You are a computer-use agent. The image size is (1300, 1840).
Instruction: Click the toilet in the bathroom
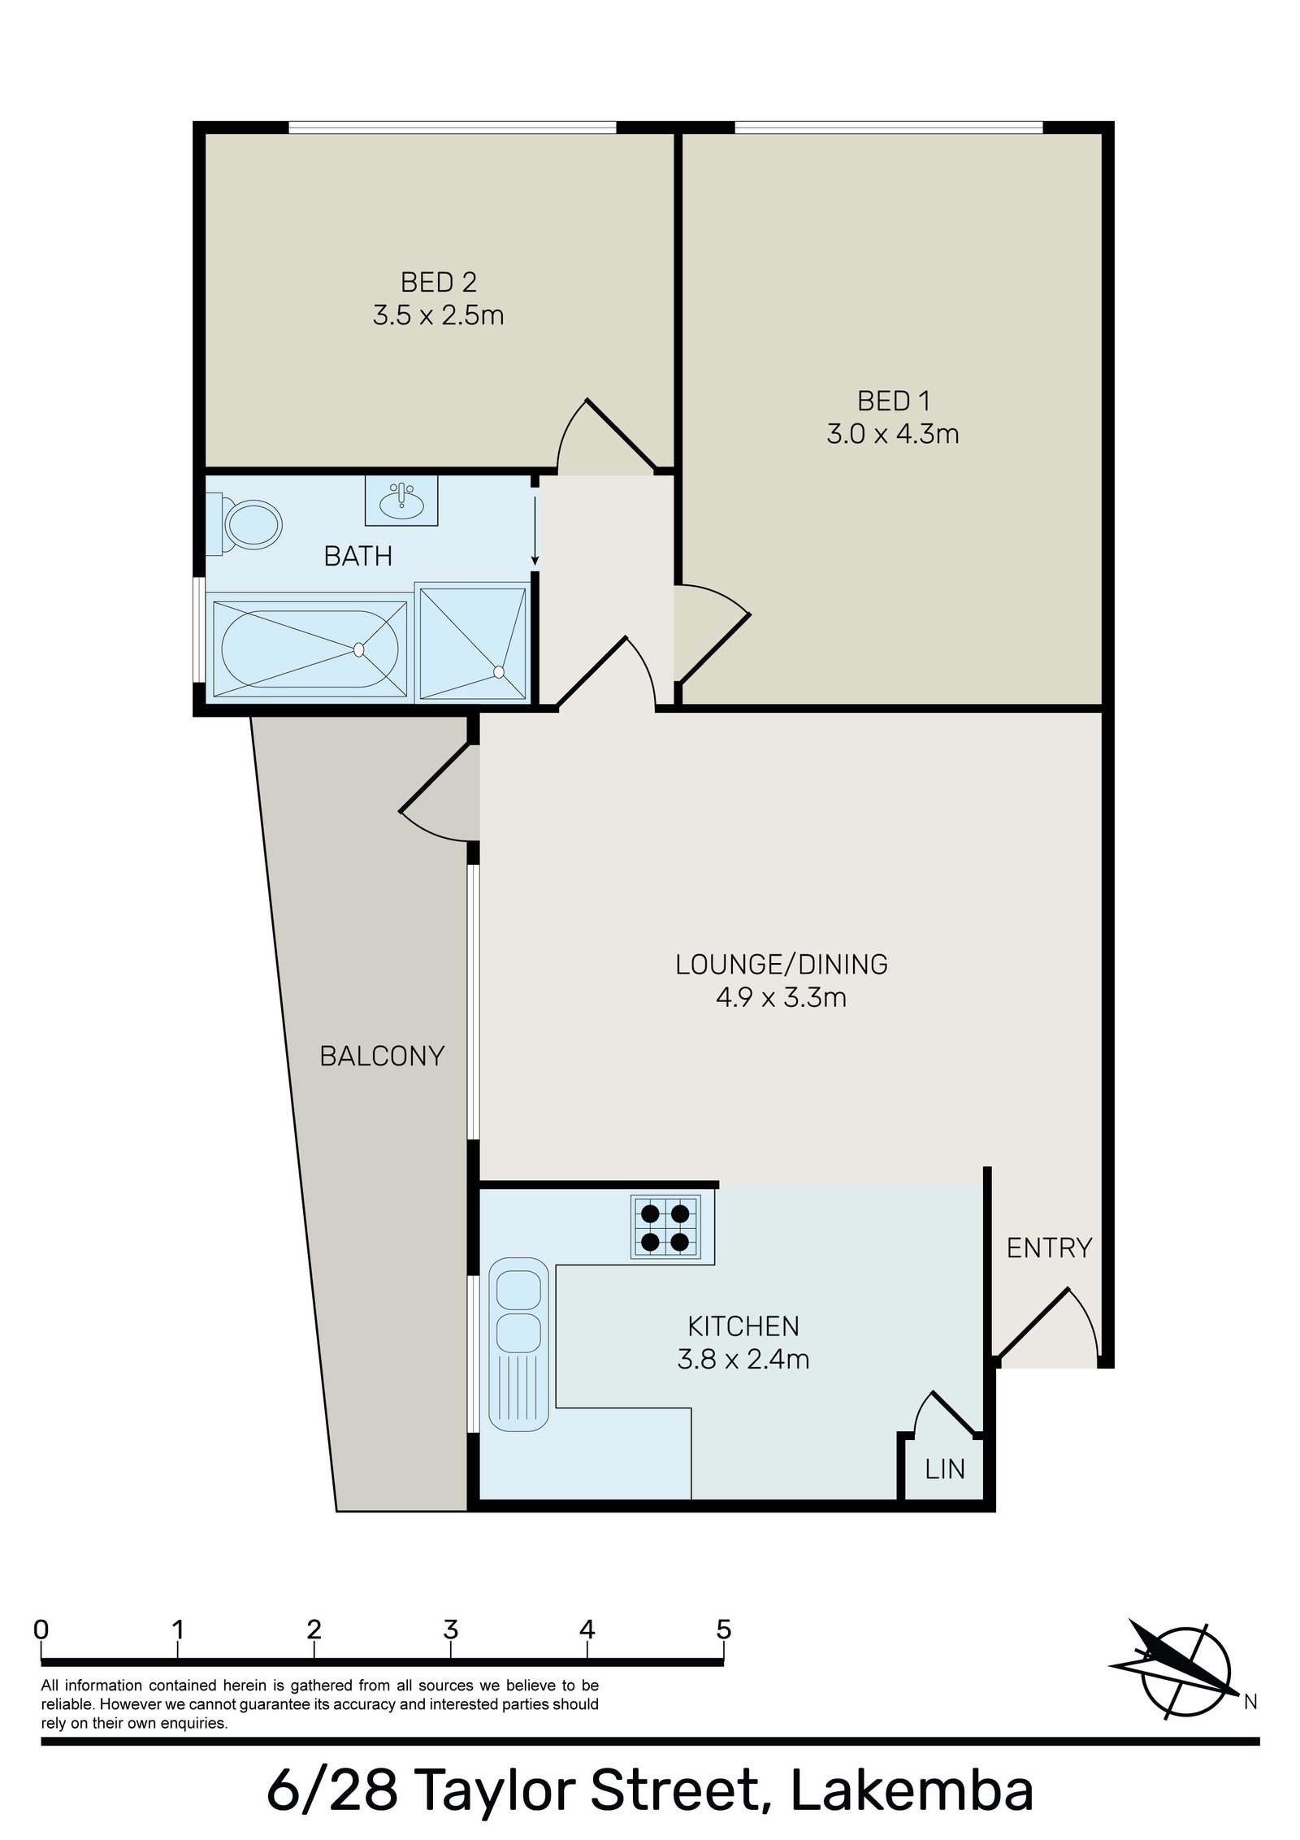click(x=249, y=524)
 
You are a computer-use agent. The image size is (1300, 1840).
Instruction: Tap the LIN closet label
click(x=944, y=1468)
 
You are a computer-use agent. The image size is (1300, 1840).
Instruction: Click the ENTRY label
click(x=1049, y=1248)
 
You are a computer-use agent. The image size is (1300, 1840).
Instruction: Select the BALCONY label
click(x=382, y=1056)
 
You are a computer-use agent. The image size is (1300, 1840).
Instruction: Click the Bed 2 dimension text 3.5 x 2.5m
click(x=438, y=315)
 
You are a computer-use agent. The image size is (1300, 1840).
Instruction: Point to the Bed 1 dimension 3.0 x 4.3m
click(x=892, y=434)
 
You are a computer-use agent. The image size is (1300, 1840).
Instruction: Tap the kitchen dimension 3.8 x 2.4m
click(x=743, y=1359)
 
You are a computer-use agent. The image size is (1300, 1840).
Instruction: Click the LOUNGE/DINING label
click(x=781, y=964)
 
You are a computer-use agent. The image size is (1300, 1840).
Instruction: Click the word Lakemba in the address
click(x=912, y=1793)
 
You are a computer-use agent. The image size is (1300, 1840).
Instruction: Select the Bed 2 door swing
click(x=605, y=439)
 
